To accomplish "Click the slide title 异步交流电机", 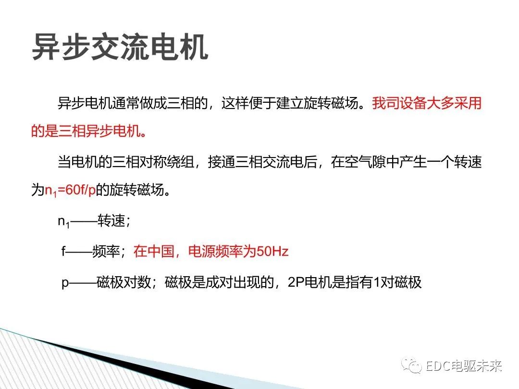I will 120,47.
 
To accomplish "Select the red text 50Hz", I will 272,251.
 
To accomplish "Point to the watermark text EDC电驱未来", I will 464,367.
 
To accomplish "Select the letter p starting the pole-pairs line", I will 65,282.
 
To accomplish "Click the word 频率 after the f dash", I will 105,252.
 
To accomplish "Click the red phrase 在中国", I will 153,252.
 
